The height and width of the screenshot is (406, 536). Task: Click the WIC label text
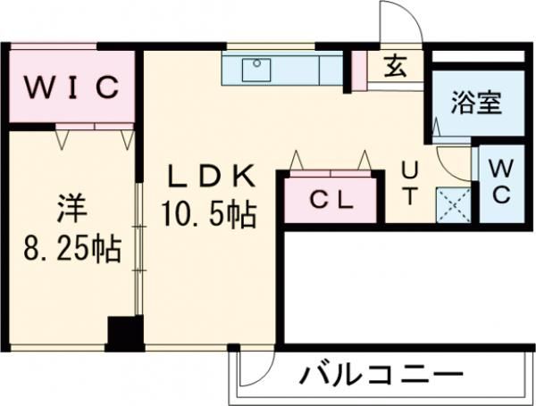(x=71, y=88)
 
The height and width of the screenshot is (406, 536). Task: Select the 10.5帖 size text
(x=210, y=214)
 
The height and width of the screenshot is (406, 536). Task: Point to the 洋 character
(x=71, y=211)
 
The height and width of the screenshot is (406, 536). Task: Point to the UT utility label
(x=409, y=182)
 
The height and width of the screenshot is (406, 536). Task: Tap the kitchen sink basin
(x=260, y=65)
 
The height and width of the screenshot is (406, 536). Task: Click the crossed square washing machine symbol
(x=452, y=205)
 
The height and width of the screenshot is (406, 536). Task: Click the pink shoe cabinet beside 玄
(x=359, y=71)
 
